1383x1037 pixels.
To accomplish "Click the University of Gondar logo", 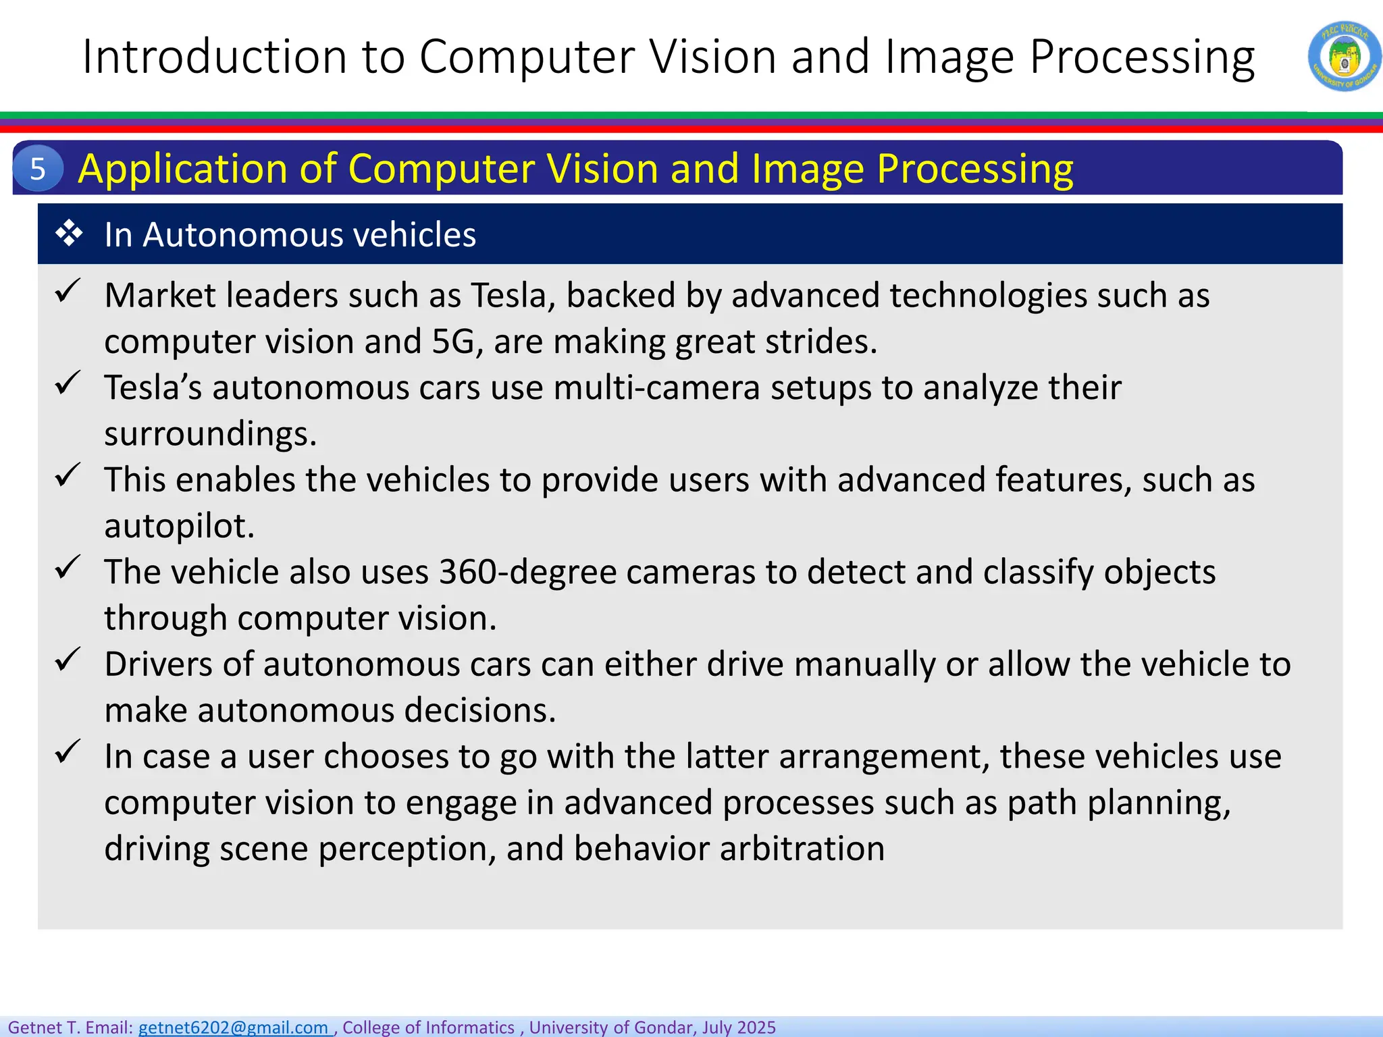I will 1344,57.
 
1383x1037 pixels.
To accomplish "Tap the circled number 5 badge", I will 38,168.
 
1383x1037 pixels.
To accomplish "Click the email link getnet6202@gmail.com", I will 234,1027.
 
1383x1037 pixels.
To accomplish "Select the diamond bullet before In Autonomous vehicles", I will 69,234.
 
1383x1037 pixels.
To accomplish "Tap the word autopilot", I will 178,526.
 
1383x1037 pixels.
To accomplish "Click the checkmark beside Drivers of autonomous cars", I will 68,660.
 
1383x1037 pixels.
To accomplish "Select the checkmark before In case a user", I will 68,751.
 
